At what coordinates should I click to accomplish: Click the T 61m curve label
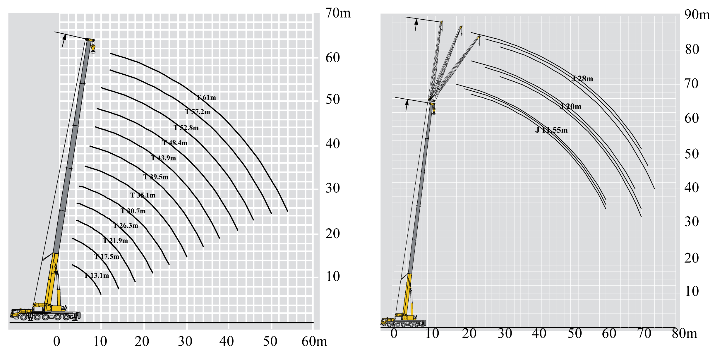point(206,97)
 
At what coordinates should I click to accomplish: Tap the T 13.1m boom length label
point(97,275)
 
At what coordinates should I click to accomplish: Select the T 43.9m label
point(163,158)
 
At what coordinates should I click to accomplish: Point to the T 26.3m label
point(126,225)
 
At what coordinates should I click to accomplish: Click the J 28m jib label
point(582,79)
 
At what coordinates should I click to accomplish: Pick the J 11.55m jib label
point(551,130)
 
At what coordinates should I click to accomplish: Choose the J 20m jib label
point(570,107)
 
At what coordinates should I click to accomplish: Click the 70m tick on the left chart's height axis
point(338,13)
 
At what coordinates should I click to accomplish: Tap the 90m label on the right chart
point(697,15)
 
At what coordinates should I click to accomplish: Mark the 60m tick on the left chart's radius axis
point(314,342)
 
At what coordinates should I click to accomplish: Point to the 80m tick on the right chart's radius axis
point(684,334)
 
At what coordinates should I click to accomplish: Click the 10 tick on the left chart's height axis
point(333,276)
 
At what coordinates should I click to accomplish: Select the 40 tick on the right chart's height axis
point(692,188)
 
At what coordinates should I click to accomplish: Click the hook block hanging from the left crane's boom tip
point(93,48)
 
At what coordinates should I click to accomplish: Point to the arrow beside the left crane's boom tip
point(64,40)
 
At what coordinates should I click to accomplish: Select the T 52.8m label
point(186,128)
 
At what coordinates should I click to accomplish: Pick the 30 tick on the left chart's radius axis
point(185,342)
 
